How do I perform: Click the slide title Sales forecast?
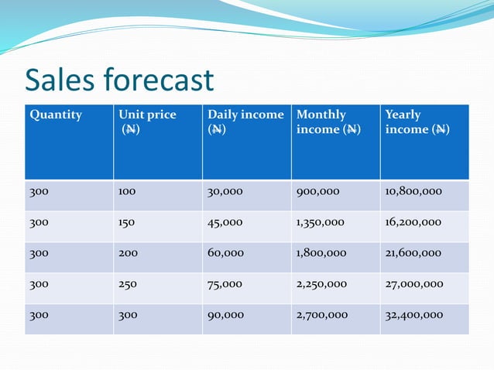[119, 81]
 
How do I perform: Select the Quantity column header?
[56, 115]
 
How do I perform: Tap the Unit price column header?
[147, 122]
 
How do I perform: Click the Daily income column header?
[245, 122]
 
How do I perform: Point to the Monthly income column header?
[328, 122]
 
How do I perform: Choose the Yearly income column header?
[417, 122]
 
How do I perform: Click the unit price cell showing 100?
[127, 191]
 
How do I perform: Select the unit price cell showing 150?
[127, 222]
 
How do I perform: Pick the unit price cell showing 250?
[128, 284]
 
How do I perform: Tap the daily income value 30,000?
[225, 191]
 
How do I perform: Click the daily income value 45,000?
[225, 222]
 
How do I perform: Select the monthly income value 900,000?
[317, 191]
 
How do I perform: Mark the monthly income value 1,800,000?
[321, 253]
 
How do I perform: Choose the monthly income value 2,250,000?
[321, 284]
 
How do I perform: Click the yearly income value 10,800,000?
[413, 191]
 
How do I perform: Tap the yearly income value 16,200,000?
[413, 222]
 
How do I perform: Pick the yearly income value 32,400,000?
[414, 315]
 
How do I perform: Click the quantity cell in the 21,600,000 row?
[39, 253]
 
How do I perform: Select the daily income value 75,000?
[225, 284]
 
